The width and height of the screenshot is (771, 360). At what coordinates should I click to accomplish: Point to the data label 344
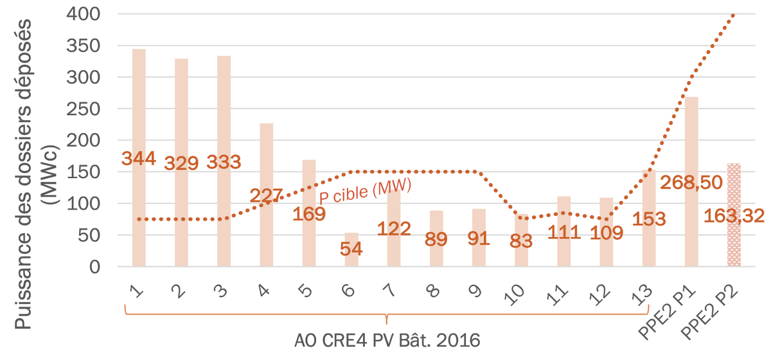tap(139, 158)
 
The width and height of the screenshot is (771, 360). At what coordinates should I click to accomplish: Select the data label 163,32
tap(734, 216)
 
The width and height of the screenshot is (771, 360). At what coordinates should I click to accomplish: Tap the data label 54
tap(351, 249)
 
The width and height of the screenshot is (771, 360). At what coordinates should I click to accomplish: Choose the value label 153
tap(649, 219)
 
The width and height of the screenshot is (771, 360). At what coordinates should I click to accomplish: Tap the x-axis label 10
tap(518, 293)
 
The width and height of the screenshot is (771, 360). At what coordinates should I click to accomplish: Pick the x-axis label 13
tap(645, 293)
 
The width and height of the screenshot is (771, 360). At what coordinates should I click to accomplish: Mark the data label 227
tap(267, 196)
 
